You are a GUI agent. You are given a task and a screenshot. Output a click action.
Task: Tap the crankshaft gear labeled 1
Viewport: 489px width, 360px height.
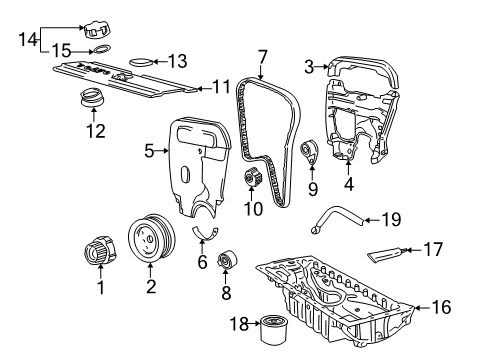[x=99, y=250]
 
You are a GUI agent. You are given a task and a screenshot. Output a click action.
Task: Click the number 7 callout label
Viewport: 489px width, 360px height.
[x=263, y=58]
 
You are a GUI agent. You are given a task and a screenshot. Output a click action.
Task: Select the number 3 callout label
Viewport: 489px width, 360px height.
[x=311, y=67]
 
